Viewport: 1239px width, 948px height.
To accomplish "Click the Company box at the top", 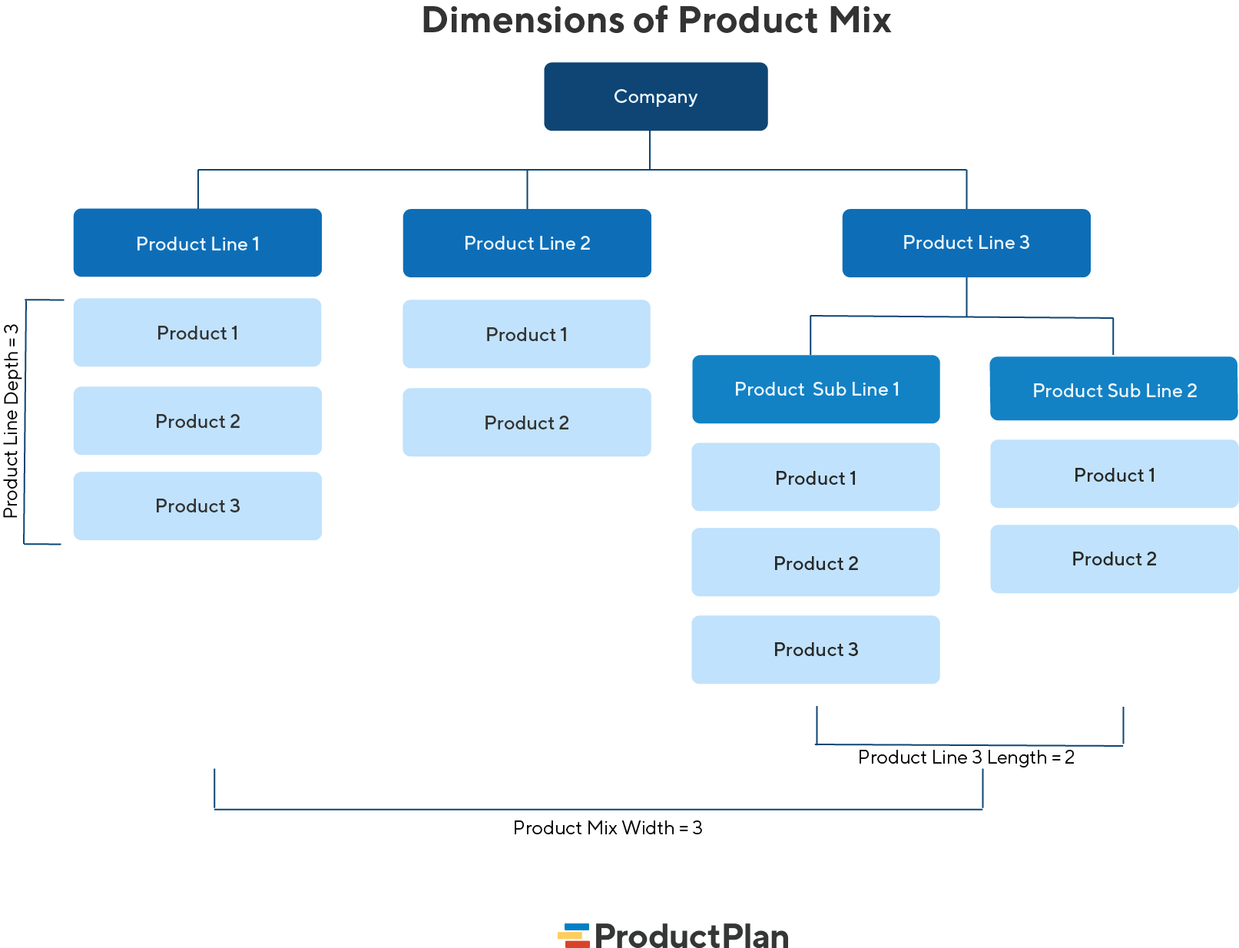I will pos(655,97).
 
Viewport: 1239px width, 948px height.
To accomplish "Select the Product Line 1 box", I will pos(197,243).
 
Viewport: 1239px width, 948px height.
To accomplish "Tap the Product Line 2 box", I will pos(527,243).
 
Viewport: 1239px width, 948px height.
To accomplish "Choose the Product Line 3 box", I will pos(966,243).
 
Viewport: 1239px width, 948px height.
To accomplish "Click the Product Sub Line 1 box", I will pos(816,389).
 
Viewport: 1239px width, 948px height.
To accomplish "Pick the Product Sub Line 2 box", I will pos(1114,389).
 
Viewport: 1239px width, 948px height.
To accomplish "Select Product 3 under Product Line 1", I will pos(197,506).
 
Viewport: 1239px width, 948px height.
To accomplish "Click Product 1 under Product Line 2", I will pos(527,334).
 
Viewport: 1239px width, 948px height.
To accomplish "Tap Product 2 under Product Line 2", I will pos(527,423).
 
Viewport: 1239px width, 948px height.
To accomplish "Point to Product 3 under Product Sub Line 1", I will pos(816,650).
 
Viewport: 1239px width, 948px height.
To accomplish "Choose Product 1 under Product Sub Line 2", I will pos(1114,475).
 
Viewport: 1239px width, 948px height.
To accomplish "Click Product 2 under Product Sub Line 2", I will pos(1114,559).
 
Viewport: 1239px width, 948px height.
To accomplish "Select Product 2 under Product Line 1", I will pos(197,421).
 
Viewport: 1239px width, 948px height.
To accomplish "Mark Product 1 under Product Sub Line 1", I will pos(816,478).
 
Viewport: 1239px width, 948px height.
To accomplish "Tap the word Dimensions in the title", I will pos(522,21).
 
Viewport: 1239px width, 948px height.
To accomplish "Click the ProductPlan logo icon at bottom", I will pos(573,936).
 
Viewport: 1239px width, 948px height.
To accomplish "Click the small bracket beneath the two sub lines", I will pos(969,744).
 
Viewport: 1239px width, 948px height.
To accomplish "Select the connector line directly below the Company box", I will pos(650,150).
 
